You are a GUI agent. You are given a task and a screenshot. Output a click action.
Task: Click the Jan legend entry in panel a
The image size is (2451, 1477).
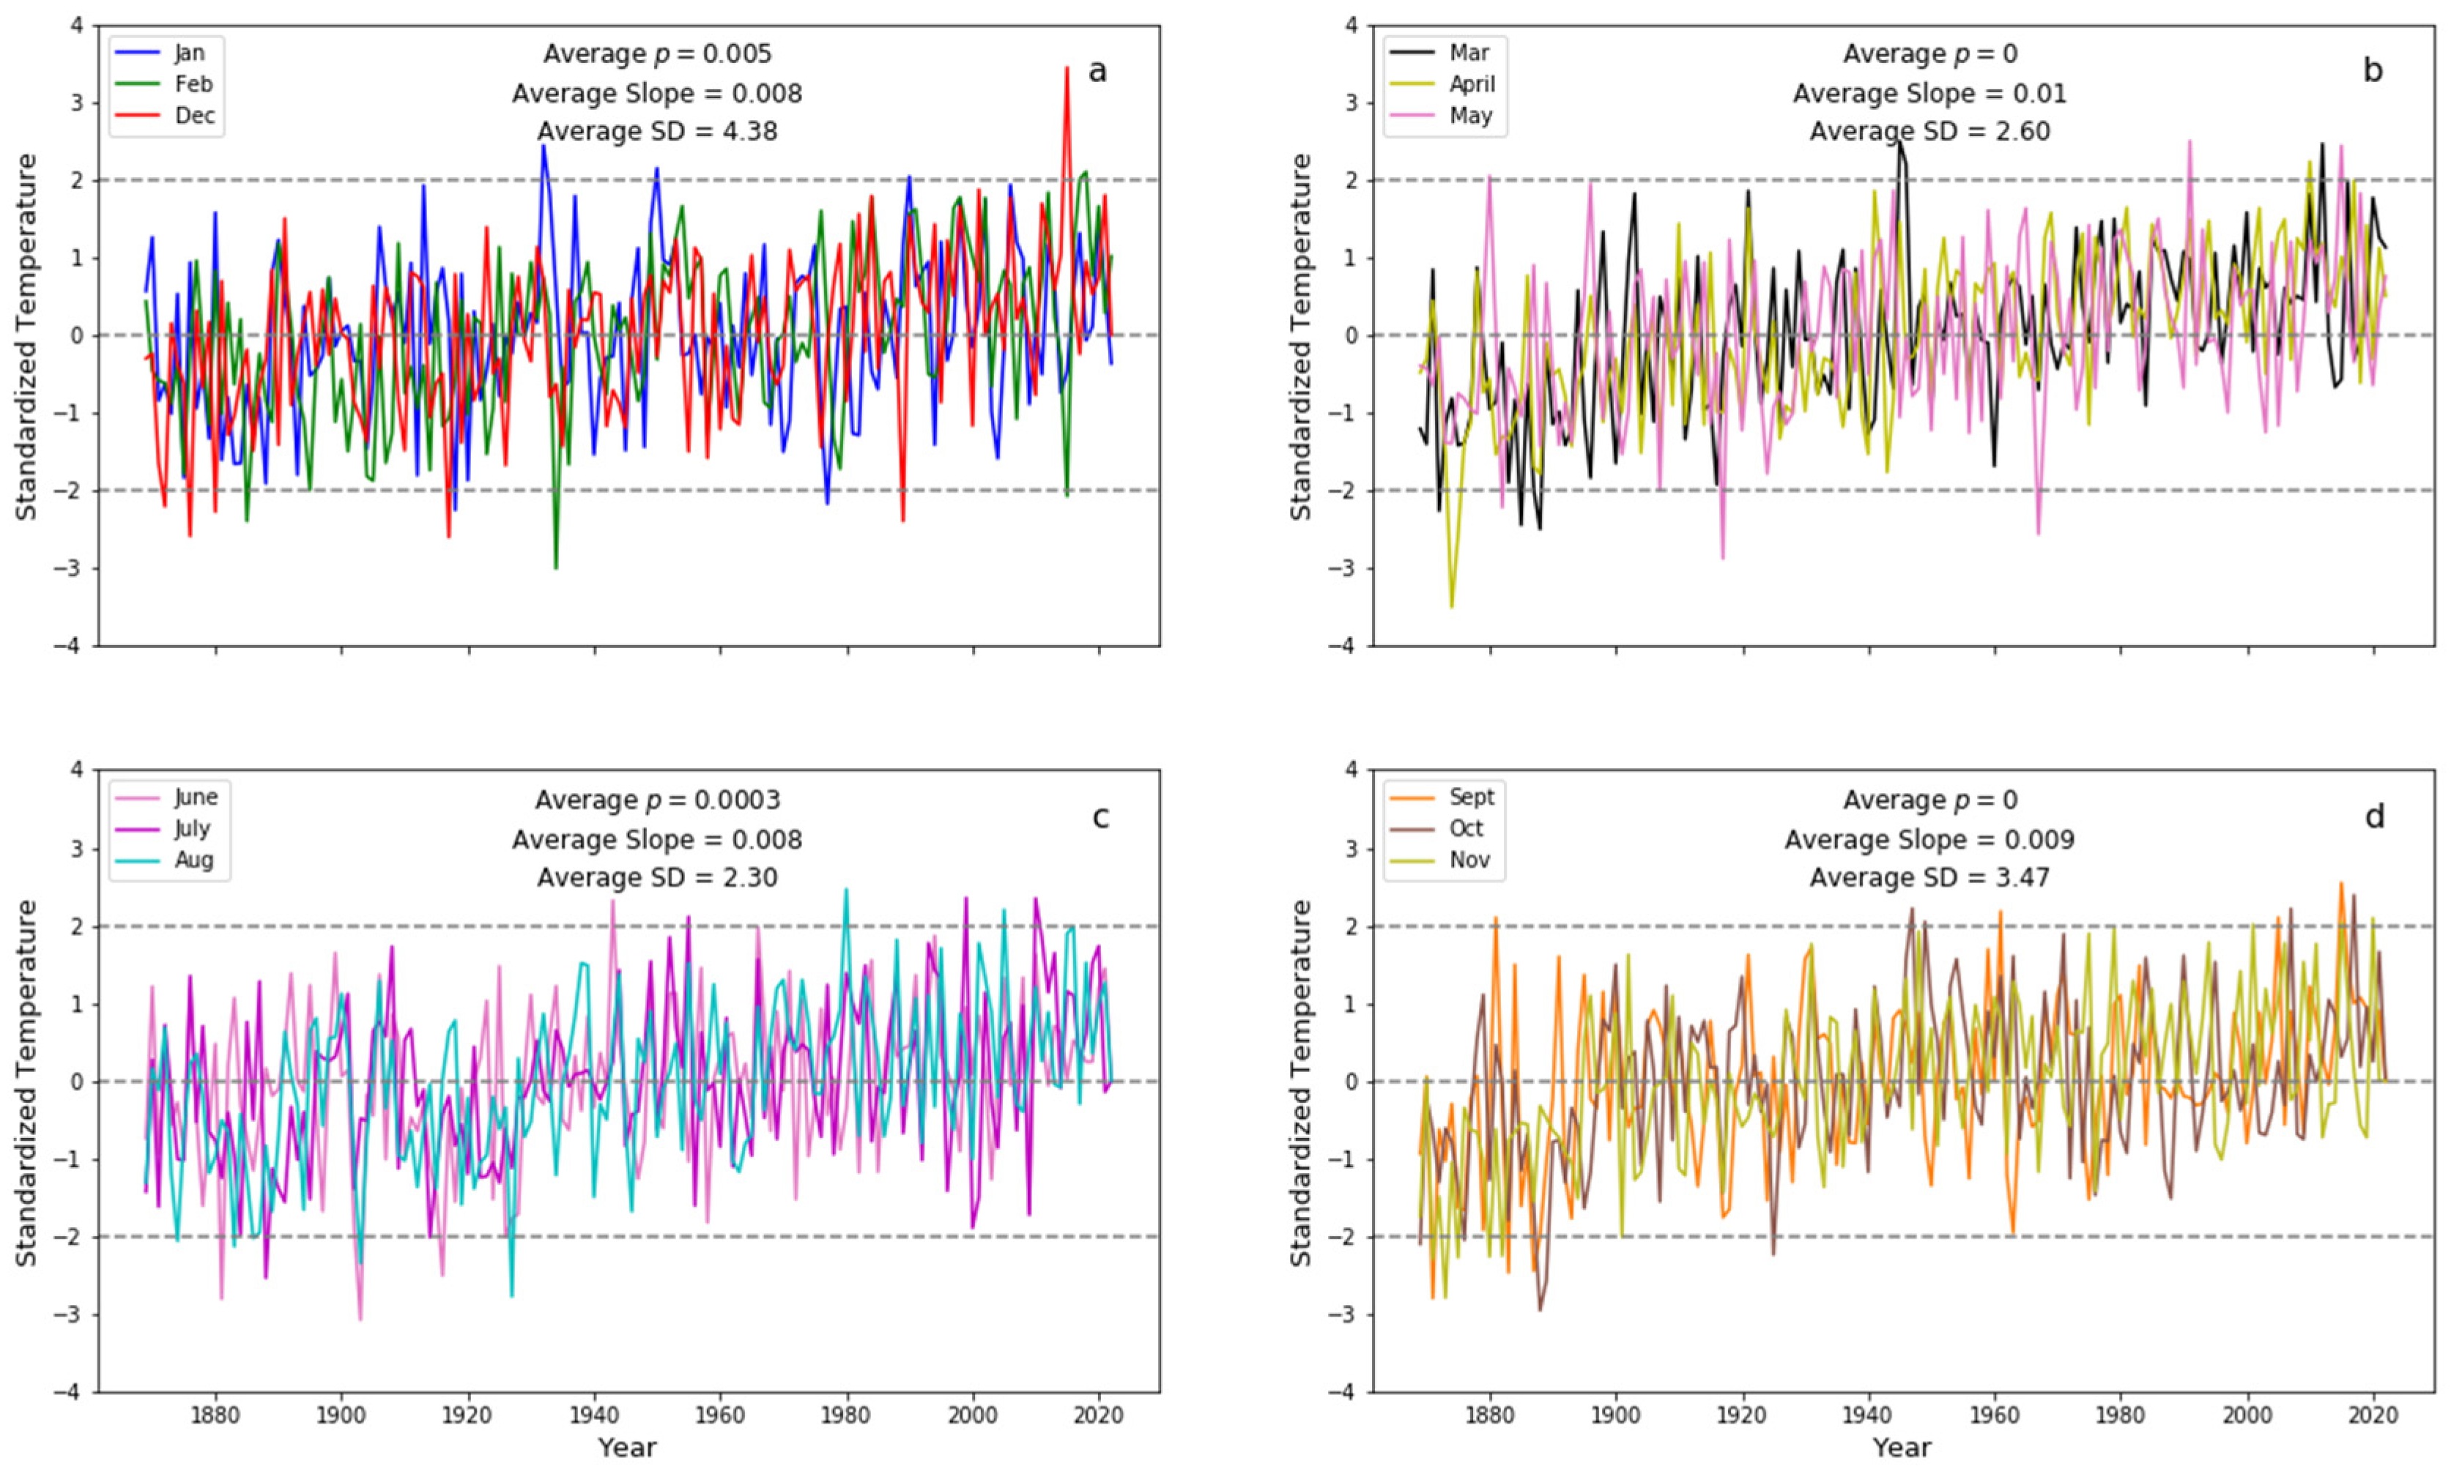(188, 53)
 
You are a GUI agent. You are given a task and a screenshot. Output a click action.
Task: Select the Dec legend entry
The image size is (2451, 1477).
(193, 116)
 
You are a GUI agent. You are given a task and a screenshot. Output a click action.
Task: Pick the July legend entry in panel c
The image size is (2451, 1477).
(191, 828)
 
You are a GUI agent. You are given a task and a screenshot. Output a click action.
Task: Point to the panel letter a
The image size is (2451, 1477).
(1097, 72)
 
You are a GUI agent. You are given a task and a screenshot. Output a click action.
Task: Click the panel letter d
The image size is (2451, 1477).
(2374, 817)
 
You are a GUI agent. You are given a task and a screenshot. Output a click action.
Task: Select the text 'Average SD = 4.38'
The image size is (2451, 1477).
(658, 131)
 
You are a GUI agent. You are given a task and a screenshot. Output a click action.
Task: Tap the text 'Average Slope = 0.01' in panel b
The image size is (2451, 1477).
(1929, 94)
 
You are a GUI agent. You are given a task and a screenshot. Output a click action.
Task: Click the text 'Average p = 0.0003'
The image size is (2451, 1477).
(658, 800)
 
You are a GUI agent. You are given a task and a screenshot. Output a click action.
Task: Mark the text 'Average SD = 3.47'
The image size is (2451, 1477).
(1929, 877)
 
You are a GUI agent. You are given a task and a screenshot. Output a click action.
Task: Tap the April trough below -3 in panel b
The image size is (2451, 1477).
(1451, 605)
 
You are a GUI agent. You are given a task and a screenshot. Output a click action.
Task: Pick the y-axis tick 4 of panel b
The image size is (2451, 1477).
(1351, 25)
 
